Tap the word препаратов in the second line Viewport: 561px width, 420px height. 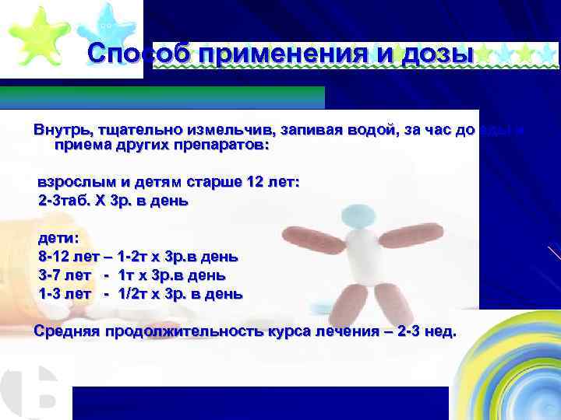[219, 145]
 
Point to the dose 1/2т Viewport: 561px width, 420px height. [134, 294]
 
